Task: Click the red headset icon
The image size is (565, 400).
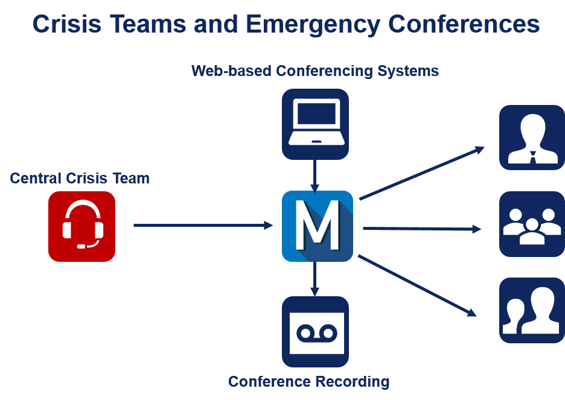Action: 81,226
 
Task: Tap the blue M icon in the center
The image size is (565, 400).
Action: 317,226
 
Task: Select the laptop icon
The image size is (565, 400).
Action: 315,124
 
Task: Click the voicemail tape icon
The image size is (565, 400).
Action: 315,332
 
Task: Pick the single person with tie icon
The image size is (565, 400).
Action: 531,138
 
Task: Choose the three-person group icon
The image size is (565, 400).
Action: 531,224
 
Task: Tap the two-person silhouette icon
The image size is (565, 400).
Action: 531,311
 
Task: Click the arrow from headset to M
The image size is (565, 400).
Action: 203,226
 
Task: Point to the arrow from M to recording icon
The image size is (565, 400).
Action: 314,279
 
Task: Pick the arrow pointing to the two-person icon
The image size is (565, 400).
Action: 417,285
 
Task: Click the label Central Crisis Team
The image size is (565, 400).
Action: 80,179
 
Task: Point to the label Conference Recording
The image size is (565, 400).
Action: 308,382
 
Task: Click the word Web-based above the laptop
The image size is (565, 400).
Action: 231,71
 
